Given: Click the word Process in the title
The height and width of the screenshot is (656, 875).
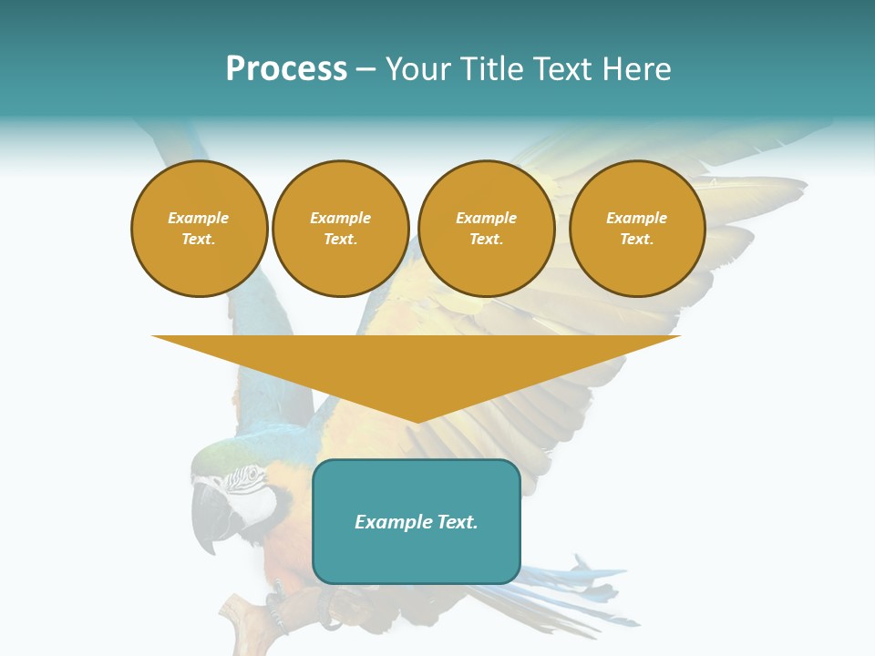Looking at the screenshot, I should click(x=286, y=69).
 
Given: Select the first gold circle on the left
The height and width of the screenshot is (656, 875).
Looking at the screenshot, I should click(x=199, y=229).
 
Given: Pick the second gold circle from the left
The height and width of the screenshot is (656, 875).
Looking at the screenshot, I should click(x=340, y=229).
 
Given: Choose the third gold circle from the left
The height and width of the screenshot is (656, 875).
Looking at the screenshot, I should click(x=486, y=229).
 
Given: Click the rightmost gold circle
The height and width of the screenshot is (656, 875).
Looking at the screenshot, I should click(x=636, y=229).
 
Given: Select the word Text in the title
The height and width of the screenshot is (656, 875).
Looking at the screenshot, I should click(x=562, y=69).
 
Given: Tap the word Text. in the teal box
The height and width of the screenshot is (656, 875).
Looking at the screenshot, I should click(x=457, y=522).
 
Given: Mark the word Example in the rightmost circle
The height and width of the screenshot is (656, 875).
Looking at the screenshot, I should click(x=636, y=218).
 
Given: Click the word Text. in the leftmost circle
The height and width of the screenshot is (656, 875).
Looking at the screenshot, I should click(x=199, y=240).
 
